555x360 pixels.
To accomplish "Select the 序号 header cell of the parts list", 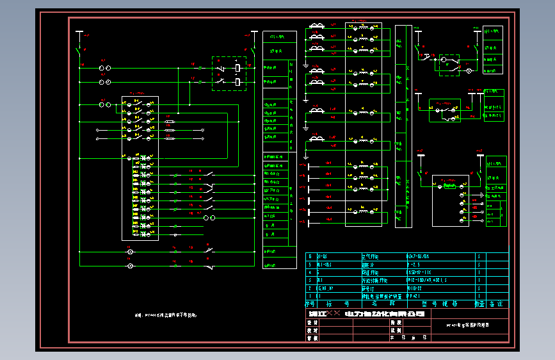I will pyautogui.click(x=310, y=304).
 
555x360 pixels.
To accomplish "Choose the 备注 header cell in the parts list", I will pyautogui.click(x=495, y=304).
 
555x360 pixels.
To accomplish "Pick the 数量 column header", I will pyautogui.click(x=479, y=304).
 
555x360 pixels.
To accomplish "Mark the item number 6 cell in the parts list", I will pyautogui.click(x=310, y=256).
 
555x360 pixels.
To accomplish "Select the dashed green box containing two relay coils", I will pyautogui.click(x=229, y=73).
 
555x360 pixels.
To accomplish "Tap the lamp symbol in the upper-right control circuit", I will pyautogui.click(x=468, y=71).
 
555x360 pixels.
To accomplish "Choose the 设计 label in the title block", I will pyautogui.click(x=312, y=323).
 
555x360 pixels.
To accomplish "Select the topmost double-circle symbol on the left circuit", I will pyautogui.click(x=105, y=67).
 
